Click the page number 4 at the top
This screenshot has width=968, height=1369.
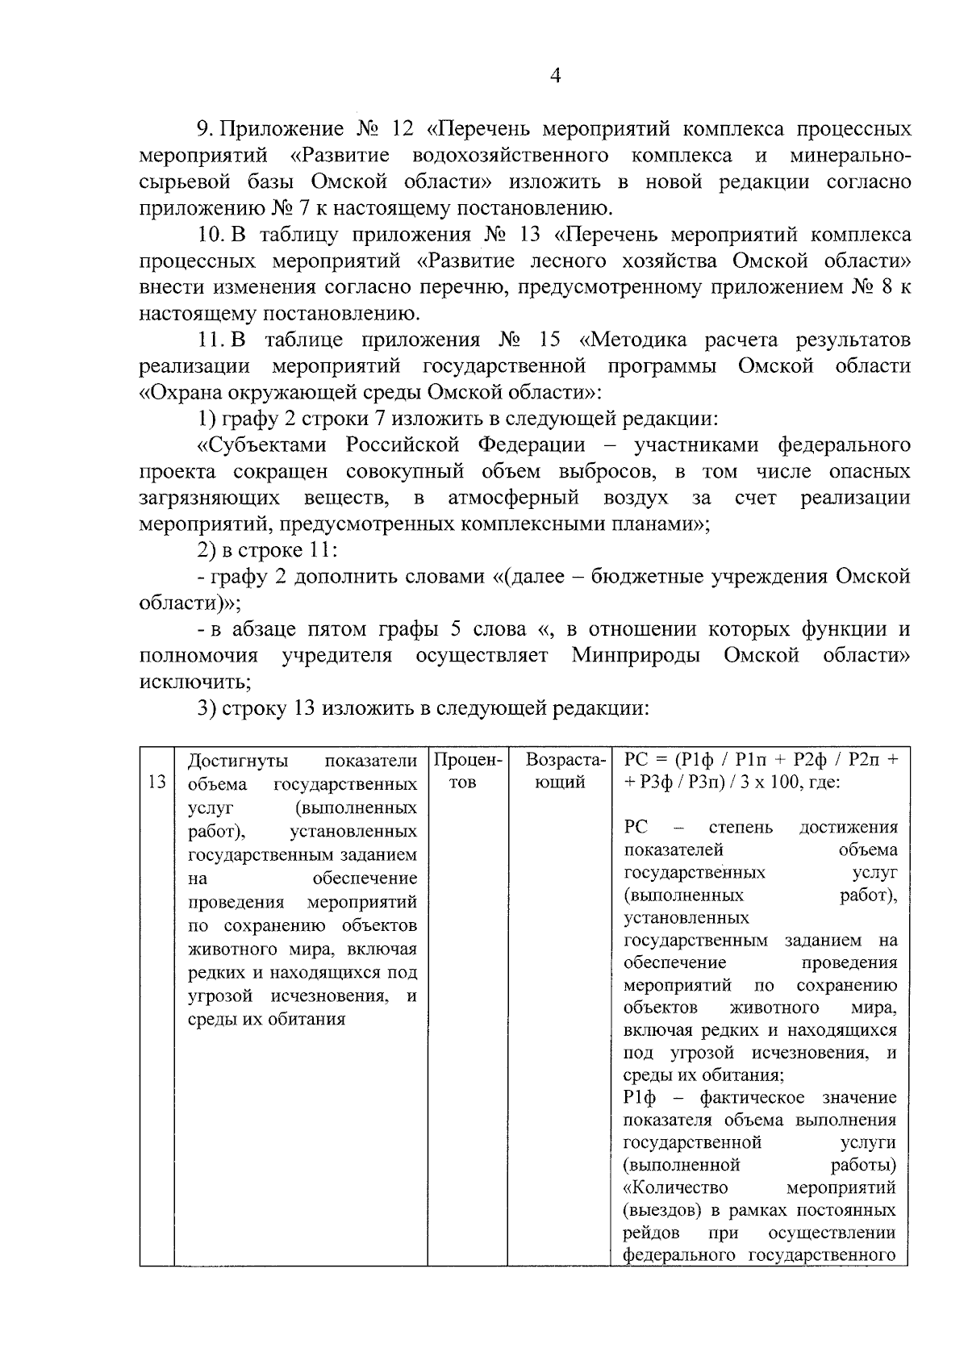point(554,76)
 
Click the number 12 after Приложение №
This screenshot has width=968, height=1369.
point(401,129)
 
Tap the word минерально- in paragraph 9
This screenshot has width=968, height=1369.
point(851,155)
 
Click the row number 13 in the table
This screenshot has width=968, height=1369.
point(156,783)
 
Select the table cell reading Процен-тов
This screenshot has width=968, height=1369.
point(467,771)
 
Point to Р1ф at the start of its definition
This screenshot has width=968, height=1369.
point(641,1098)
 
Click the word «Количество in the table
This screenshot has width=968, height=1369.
point(676,1188)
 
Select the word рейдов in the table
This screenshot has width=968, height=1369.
point(651,1233)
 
